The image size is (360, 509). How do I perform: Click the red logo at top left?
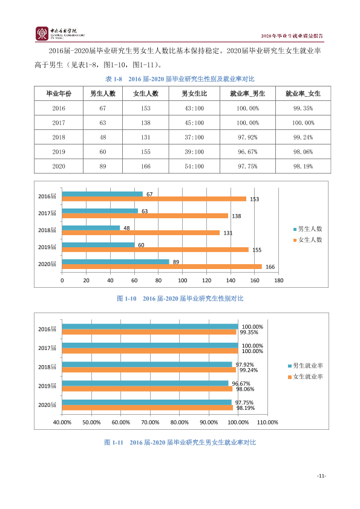point(42,34)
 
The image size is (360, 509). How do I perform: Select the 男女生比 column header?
point(194,94)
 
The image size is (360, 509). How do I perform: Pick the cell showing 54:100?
point(194,166)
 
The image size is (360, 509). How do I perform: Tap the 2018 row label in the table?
point(59,137)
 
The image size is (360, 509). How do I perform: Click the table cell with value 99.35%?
point(303,108)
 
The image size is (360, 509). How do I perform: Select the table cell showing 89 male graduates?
point(103,166)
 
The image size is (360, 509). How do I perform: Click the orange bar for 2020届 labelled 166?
point(162,267)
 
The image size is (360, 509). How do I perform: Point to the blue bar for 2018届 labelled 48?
point(91,228)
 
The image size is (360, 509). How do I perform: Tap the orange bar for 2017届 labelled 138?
point(145,216)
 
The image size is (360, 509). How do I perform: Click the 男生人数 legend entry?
point(308,229)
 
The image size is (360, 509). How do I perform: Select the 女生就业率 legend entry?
point(306,377)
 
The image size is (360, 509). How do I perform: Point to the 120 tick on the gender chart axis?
point(207,280)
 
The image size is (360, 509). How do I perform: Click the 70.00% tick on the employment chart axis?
point(150,423)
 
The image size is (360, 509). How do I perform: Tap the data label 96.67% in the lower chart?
point(241,384)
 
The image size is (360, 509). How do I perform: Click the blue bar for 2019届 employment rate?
point(145,383)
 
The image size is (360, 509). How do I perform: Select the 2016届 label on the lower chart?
point(47,329)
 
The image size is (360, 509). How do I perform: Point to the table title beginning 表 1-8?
point(180,79)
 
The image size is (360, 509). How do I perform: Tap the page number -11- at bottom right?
point(322,476)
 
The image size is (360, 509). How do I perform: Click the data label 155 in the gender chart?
point(257,250)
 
